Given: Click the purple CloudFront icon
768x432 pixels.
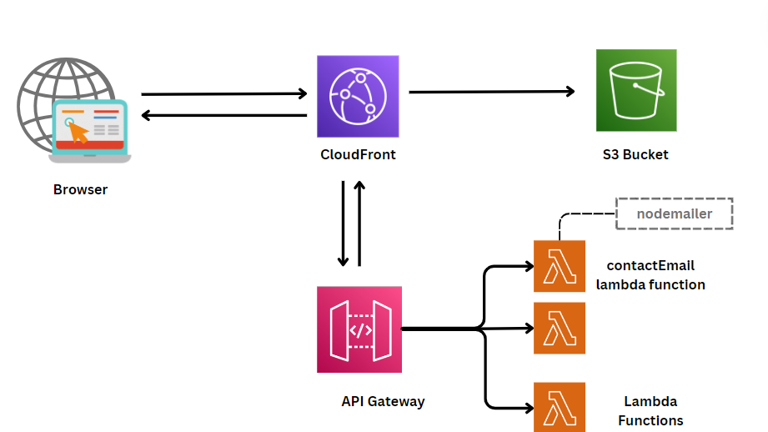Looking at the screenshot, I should coord(358,96).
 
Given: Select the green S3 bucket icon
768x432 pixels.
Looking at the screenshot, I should coord(636,90).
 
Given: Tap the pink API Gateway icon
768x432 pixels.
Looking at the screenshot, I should coord(359,329).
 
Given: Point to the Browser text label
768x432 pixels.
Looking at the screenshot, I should coord(80,189).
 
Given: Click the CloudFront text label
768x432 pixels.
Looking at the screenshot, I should coord(358,154).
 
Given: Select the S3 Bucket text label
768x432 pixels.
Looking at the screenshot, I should coord(635,154).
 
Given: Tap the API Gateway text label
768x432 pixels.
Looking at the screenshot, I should coord(383,401).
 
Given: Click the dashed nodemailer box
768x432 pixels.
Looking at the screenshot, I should coord(674,213).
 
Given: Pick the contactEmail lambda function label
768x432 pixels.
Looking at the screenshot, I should coord(650,275).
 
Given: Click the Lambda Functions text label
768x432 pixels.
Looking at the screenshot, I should coord(650,411).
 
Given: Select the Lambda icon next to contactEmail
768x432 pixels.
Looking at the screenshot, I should coord(560,267).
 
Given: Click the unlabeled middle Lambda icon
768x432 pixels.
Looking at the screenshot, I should coord(560,329).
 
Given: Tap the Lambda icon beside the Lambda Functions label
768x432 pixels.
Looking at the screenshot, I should coord(560,407).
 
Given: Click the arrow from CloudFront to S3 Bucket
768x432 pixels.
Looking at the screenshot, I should coord(492,92).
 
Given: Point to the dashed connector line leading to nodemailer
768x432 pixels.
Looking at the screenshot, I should coord(575,216).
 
